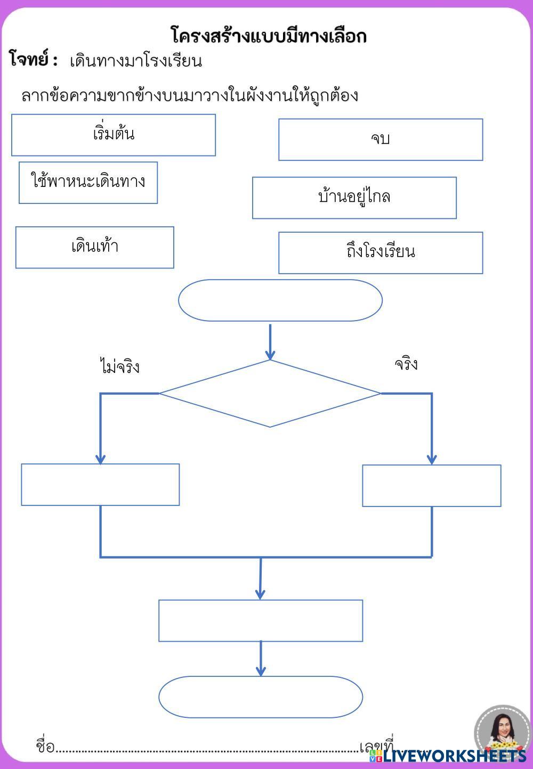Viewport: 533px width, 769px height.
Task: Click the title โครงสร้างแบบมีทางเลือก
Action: click(x=269, y=36)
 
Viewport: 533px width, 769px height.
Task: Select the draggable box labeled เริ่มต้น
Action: click(x=114, y=135)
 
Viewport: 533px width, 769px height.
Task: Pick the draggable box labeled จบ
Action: click(x=381, y=140)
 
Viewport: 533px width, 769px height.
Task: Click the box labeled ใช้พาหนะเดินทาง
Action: click(x=88, y=183)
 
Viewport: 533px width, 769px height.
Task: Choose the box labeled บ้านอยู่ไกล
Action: click(x=354, y=198)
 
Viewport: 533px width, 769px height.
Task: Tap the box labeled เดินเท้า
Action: click(x=95, y=247)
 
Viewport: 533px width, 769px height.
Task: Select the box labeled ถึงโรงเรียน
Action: click(x=381, y=252)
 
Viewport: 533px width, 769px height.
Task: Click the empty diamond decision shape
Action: click(x=270, y=394)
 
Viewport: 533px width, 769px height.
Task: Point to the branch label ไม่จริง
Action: click(x=119, y=366)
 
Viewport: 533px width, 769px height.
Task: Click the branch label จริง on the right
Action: click(x=406, y=364)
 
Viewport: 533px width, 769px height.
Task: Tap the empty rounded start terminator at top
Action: click(x=280, y=300)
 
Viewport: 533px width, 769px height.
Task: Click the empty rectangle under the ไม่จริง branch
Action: click(x=100, y=485)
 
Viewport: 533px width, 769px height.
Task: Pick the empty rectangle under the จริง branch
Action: click(x=432, y=486)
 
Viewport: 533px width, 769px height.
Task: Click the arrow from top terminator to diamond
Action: click(x=270, y=342)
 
